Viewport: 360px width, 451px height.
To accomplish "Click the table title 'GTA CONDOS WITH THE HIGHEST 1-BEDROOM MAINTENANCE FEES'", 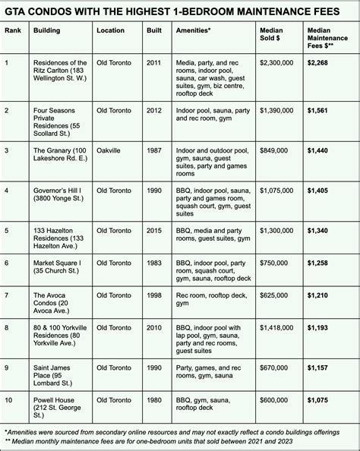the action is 179,11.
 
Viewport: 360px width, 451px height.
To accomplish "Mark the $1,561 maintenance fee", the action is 320,110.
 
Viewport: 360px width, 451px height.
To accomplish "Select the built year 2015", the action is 153,229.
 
